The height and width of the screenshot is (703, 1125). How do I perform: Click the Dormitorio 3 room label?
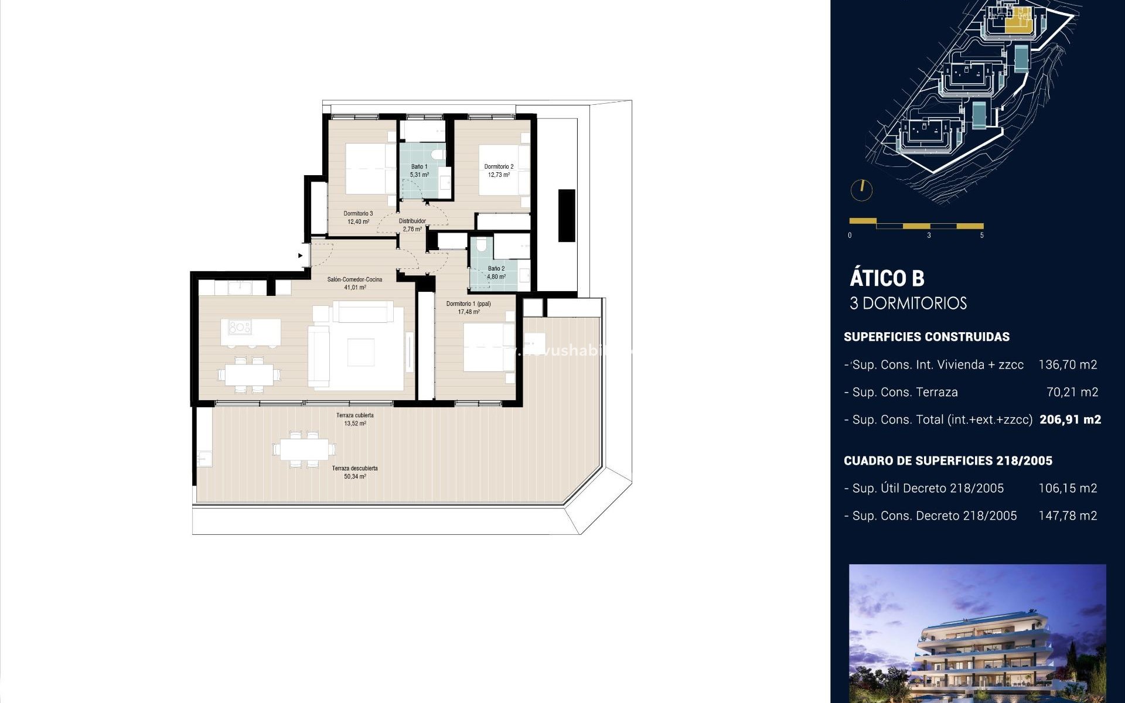(358, 213)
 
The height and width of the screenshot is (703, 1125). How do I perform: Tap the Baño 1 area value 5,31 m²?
(419, 175)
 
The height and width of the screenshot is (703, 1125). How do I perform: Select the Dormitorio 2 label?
(499, 166)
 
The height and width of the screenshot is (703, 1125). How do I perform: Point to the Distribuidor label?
(412, 221)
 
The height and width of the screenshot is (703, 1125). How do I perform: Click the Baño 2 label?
(496, 268)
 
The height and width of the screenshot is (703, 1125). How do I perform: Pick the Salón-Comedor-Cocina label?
(354, 279)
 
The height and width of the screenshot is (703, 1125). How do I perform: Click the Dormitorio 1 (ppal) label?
(468, 303)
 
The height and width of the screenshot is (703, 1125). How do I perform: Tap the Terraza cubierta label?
(354, 415)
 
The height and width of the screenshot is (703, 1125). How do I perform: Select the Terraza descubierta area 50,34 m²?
(354, 477)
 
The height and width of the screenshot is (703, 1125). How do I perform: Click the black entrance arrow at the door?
(301, 255)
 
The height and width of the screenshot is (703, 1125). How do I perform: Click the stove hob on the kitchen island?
(240, 327)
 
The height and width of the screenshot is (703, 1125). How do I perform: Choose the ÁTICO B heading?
(887, 278)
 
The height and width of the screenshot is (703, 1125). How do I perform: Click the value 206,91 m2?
(1070, 419)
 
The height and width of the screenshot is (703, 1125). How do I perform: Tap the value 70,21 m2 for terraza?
(1072, 392)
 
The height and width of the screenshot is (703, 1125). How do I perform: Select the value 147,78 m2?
(1067, 516)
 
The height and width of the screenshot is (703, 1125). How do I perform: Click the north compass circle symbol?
(861, 190)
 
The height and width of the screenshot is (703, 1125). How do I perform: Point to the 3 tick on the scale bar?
(929, 235)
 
